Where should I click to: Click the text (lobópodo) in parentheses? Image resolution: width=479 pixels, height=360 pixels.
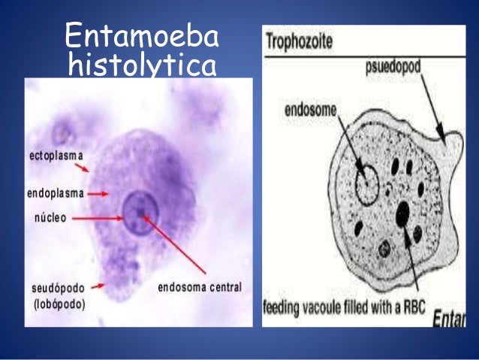[60, 304]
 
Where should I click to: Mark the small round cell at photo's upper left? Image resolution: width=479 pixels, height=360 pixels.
[61, 134]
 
